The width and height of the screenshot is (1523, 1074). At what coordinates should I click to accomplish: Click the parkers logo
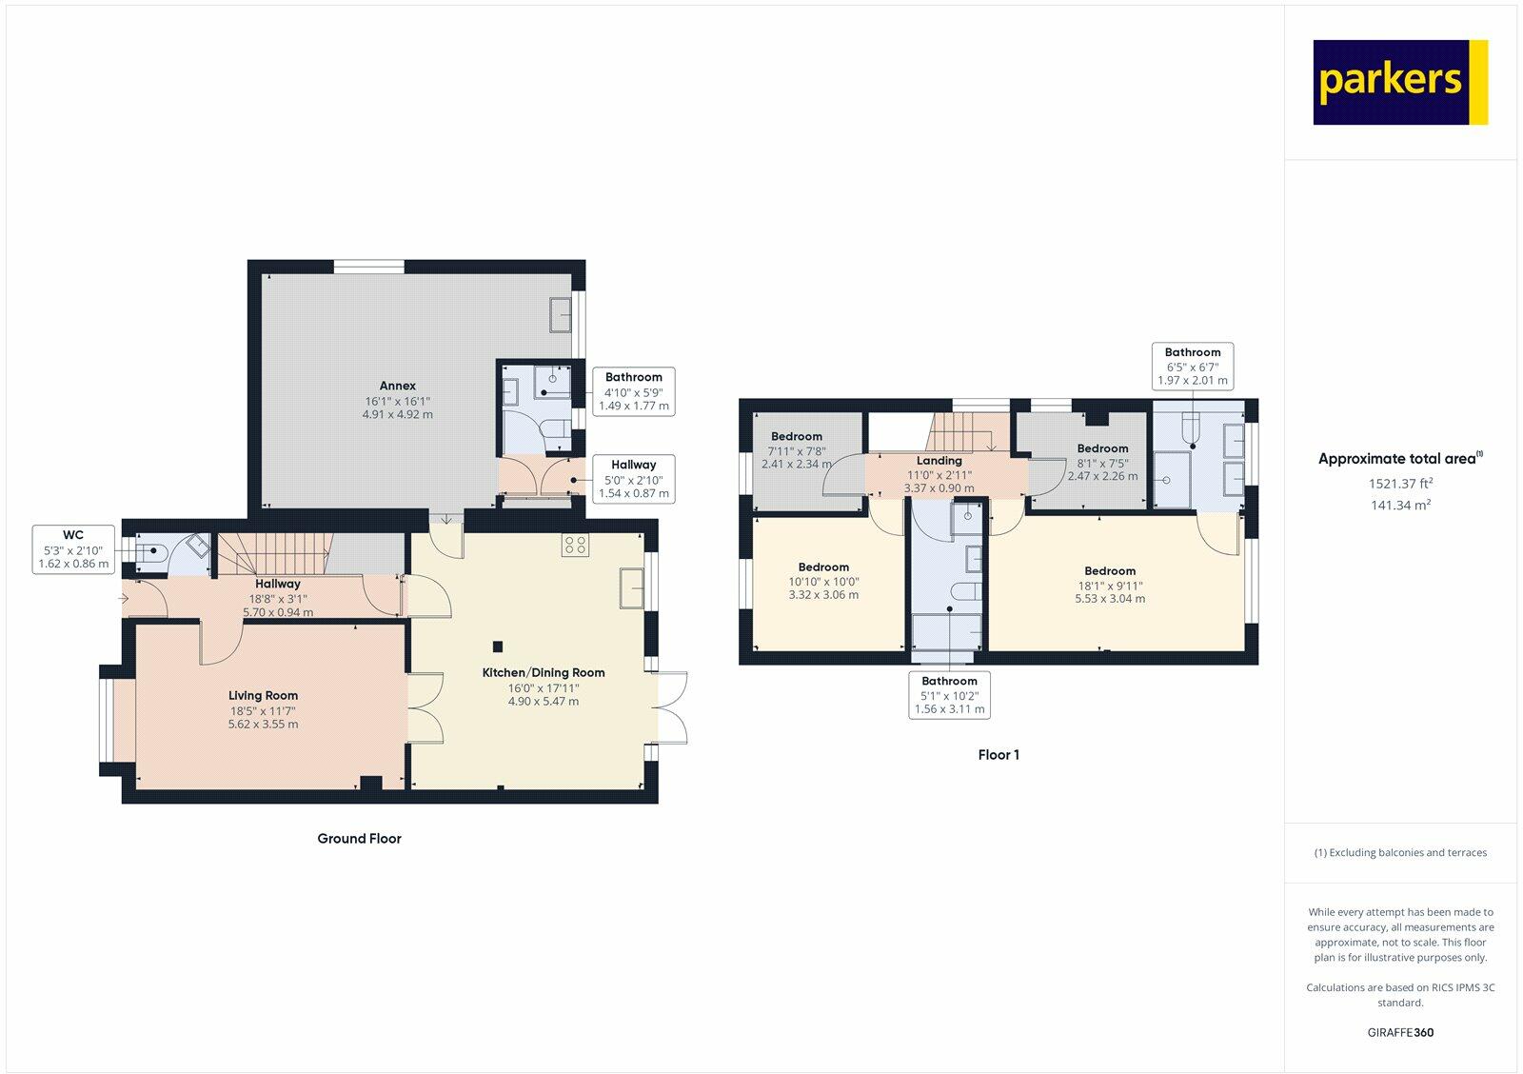[x=1400, y=82]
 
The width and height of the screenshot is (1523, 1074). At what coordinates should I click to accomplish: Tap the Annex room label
[x=397, y=386]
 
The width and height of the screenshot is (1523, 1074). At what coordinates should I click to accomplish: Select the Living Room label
[x=263, y=695]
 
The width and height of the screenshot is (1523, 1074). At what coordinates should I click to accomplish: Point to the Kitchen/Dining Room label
[x=544, y=673]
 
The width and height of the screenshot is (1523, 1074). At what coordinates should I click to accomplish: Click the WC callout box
[x=73, y=549]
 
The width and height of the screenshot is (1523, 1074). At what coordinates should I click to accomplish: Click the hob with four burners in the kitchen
[x=575, y=545]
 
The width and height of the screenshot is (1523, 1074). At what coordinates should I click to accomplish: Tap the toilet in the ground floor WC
[x=151, y=551]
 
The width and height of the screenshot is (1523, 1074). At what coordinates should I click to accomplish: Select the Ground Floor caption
[x=359, y=839]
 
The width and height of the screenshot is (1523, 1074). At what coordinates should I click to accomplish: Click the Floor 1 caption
[x=999, y=754]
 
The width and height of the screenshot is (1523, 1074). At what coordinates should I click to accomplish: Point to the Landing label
[x=939, y=461]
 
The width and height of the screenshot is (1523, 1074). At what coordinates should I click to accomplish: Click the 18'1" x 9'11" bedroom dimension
[x=1110, y=586]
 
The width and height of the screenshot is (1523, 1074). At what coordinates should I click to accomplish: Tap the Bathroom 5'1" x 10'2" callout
[x=949, y=694]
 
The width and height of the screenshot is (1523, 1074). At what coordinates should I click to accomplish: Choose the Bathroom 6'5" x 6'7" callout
[x=1193, y=366]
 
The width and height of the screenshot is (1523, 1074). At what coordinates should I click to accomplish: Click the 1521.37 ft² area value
[x=1400, y=483]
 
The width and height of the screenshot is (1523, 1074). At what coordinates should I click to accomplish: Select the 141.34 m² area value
[x=1400, y=505]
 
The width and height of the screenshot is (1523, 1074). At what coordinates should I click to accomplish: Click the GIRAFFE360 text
[x=1400, y=1032]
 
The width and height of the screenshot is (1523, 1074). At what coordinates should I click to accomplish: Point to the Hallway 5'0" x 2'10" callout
[x=633, y=479]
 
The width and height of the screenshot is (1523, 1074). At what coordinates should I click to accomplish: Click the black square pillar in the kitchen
[x=498, y=646]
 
